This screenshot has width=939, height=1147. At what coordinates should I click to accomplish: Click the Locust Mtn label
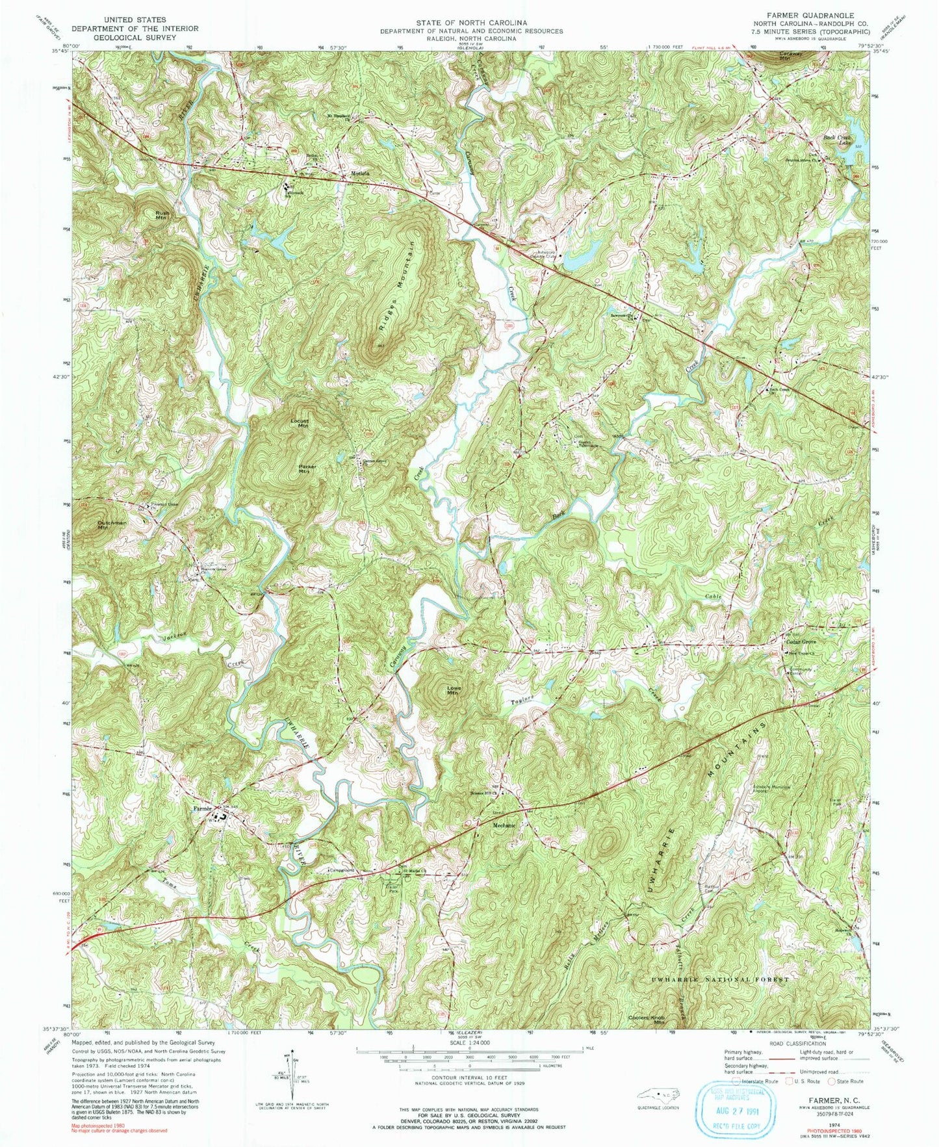[x=300, y=423]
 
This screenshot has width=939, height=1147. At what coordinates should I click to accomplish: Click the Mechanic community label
[x=504, y=825]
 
